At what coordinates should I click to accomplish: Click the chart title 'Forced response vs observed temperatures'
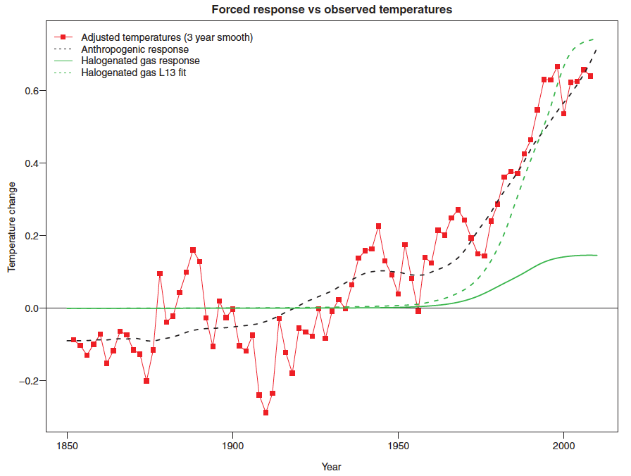tap(332, 10)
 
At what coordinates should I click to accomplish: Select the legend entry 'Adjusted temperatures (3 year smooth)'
tap(167, 37)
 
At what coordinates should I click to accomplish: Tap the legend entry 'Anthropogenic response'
tap(135, 49)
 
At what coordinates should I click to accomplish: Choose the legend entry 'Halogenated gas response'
tap(140, 61)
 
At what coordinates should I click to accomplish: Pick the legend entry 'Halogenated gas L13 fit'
tap(133, 73)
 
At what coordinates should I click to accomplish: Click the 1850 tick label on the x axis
tap(67, 445)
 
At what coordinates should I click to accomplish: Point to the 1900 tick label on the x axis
tap(232, 445)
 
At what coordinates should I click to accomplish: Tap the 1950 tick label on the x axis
tap(398, 445)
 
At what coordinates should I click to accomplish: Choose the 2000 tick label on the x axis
tap(563, 445)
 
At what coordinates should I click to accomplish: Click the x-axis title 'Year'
tap(331, 466)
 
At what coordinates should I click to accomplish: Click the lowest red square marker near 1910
tap(265, 413)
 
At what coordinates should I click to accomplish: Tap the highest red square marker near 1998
tap(557, 67)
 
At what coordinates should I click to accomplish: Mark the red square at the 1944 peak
tap(378, 226)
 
